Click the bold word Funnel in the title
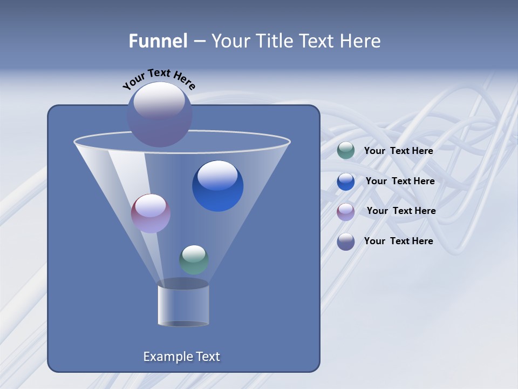pyautogui.click(x=158, y=41)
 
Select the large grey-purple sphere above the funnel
pyautogui.click(x=159, y=114)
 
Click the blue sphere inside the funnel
pyautogui.click(x=217, y=186)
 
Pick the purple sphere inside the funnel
pyautogui.click(x=151, y=213)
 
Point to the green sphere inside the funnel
pyautogui.click(x=194, y=260)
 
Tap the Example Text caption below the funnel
pyautogui.click(x=181, y=357)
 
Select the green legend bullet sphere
pyautogui.click(x=346, y=151)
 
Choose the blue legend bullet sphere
pyautogui.click(x=346, y=182)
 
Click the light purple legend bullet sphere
pyautogui.click(x=346, y=212)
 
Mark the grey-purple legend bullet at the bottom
pyautogui.click(x=346, y=242)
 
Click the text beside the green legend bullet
pyautogui.click(x=398, y=151)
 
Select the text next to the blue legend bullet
pyautogui.click(x=400, y=181)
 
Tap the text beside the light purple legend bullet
pyautogui.click(x=401, y=211)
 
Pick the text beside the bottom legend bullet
pyautogui.click(x=398, y=241)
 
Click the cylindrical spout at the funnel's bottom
pyautogui.click(x=183, y=305)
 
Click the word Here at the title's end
pyautogui.click(x=362, y=41)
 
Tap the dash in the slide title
pyautogui.click(x=199, y=41)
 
